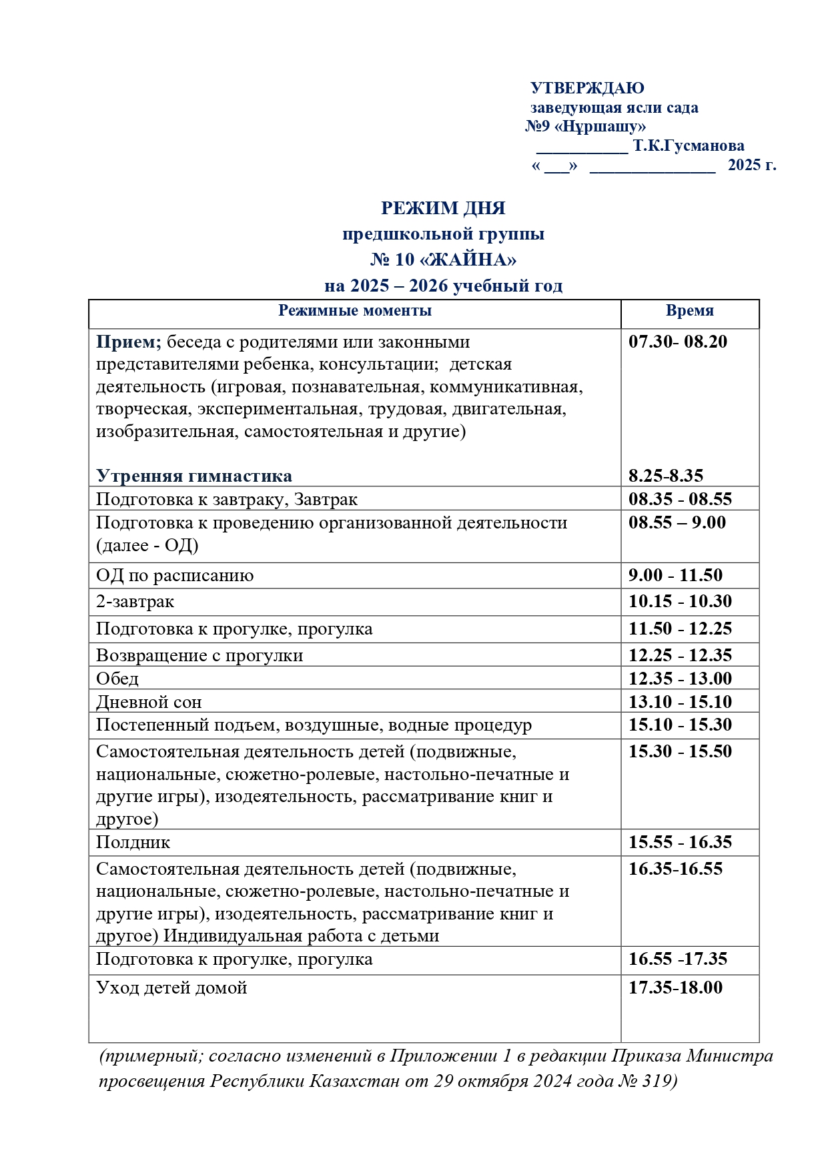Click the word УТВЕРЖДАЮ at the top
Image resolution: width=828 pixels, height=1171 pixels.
(x=587, y=88)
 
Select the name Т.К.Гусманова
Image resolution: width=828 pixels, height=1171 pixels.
(x=689, y=145)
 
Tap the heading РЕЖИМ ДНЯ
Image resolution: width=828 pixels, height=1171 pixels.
(x=443, y=208)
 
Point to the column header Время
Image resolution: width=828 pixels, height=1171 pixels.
(x=689, y=310)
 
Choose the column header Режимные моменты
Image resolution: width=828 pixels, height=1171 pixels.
(x=354, y=310)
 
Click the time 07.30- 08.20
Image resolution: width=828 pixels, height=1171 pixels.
(x=677, y=342)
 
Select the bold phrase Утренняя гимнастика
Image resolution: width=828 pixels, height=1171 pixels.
(x=193, y=476)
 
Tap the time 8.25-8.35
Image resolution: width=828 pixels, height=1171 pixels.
(x=665, y=476)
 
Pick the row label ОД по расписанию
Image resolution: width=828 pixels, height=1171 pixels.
(x=175, y=575)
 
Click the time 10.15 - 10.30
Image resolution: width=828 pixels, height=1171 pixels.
(x=680, y=601)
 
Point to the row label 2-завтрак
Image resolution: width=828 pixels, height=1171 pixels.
(x=135, y=601)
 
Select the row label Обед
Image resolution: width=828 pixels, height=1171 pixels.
(x=117, y=679)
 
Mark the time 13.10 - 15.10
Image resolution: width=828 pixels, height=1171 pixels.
(x=680, y=702)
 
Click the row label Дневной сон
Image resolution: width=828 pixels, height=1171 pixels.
(x=149, y=702)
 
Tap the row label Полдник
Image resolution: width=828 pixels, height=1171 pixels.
(x=133, y=842)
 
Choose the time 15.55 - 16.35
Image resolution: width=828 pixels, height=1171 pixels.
(x=680, y=842)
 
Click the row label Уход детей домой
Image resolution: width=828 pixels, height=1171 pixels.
(x=171, y=988)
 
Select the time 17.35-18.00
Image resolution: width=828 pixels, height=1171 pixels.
(x=675, y=988)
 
